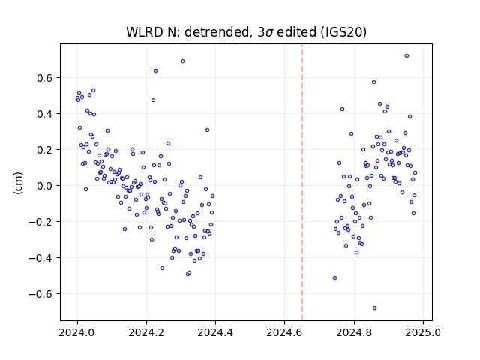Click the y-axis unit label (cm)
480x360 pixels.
point(18,183)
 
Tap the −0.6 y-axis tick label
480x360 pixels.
point(40,294)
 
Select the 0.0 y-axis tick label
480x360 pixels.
point(45,186)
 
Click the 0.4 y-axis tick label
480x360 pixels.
point(45,114)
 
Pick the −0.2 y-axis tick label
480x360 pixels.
point(40,222)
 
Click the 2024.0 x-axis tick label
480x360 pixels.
point(77,332)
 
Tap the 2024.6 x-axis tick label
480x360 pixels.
point(285,332)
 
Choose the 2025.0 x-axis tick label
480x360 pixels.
point(423,332)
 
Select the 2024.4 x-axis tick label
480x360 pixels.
point(215,332)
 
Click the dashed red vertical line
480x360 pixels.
point(302,182)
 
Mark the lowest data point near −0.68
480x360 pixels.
point(374,308)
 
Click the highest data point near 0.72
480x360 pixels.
point(406,56)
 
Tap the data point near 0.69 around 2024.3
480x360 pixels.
point(182,61)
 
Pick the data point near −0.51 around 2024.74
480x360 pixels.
point(335,278)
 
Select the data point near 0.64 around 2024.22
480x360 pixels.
point(155,71)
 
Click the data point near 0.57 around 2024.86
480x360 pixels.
point(373,82)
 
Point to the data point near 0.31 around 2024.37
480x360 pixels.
point(207,130)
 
